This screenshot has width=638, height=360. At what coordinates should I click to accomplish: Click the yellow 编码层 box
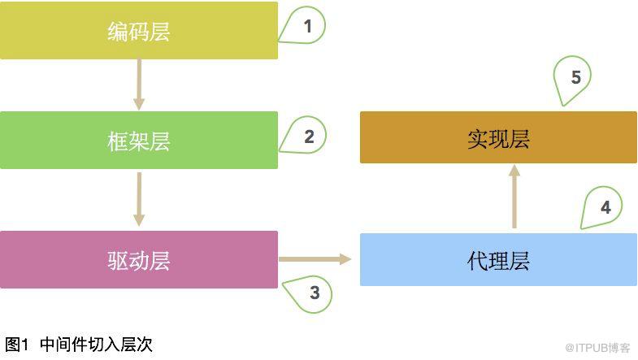[139, 31]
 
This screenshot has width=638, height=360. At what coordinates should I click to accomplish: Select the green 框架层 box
[139, 140]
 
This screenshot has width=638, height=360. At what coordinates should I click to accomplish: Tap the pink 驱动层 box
[139, 259]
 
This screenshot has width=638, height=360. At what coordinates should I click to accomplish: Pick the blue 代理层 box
[498, 259]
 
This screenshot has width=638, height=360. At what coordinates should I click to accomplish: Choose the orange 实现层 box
[498, 137]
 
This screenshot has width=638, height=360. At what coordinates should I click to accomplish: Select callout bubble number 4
[602, 207]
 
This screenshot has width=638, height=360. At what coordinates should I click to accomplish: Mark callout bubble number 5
[572, 80]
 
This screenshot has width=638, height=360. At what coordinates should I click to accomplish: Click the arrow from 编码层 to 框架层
[139, 85]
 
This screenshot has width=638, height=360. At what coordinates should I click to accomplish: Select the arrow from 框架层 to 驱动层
[139, 199]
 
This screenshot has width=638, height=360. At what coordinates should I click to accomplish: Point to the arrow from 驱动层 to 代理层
[315, 259]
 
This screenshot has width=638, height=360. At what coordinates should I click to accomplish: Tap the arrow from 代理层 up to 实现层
[514, 196]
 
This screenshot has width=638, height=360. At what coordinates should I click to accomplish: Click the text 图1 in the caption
[17, 345]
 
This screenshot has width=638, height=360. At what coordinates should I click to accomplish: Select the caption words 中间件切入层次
[97, 345]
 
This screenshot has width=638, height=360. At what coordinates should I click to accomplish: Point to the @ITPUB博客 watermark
[597, 348]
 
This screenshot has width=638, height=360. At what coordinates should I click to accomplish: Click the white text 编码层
[139, 32]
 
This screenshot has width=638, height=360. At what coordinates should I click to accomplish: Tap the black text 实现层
[498, 139]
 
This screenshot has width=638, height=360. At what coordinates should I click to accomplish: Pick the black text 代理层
[498, 261]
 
